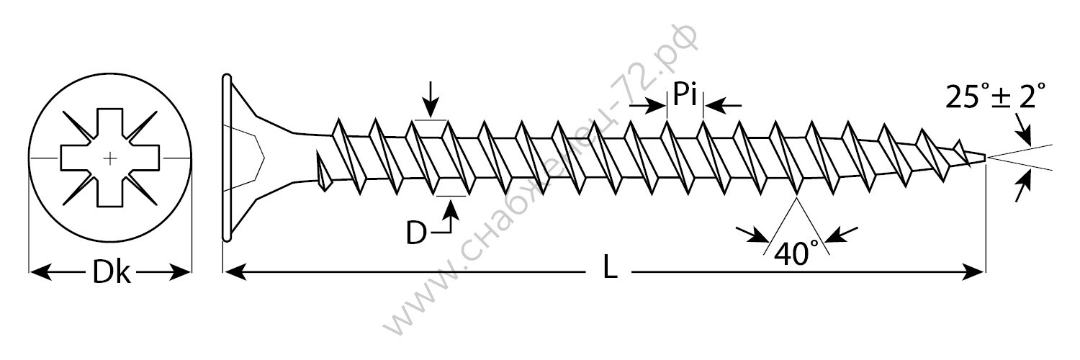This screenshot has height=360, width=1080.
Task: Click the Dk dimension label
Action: tap(112, 274)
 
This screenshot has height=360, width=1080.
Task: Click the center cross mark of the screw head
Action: tap(109, 157)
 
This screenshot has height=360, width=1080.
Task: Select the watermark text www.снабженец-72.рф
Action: tap(540, 187)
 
